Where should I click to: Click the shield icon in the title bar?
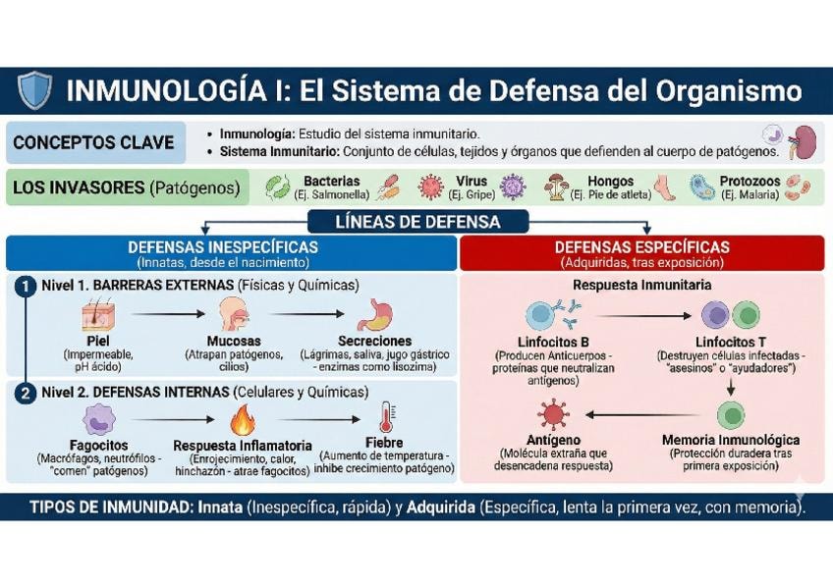point(34,90)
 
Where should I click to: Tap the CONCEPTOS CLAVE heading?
point(93,142)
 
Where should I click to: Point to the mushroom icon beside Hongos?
point(558,187)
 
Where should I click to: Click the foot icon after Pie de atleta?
point(666,187)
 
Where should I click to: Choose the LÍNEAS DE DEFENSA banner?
point(417,222)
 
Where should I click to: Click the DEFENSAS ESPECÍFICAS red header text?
point(642,247)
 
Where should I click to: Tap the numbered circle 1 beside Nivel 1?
point(26,286)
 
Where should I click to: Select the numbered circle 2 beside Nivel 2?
point(26,393)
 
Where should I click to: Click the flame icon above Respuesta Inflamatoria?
point(242,420)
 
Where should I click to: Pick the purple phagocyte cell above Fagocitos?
point(97,420)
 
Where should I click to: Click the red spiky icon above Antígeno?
point(553,413)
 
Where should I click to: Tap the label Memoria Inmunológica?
point(730,440)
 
